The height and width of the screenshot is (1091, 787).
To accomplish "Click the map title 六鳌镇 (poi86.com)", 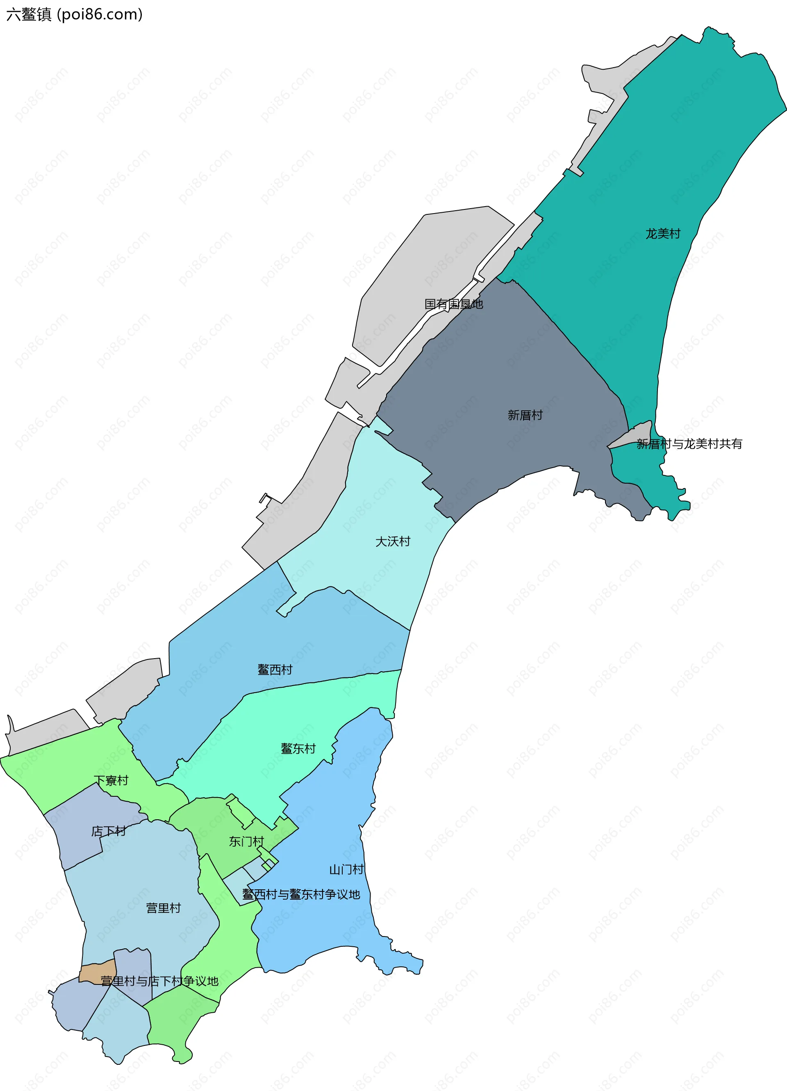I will (75, 14).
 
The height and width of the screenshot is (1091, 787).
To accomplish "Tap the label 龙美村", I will (663, 234).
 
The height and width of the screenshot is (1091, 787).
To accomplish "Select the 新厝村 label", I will (525, 415).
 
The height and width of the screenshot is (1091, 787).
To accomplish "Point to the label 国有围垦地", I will (454, 304).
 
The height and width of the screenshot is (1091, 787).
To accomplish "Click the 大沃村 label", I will (393, 542).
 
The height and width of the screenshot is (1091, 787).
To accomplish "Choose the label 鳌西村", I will (275, 670).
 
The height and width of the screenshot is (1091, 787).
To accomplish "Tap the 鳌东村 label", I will (298, 748).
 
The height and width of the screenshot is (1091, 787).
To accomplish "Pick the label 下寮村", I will (111, 780).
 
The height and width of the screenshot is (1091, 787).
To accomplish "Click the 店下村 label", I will (109, 831).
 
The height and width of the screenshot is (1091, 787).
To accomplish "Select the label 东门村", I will (246, 841).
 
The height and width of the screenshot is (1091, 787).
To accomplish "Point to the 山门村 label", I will (346, 869).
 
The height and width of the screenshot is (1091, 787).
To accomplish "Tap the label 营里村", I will (164, 908).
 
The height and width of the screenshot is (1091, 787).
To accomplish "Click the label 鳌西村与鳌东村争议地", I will (301, 894).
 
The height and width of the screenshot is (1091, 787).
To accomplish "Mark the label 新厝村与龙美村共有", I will (689, 444).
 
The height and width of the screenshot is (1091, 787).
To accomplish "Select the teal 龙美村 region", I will (673, 168).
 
